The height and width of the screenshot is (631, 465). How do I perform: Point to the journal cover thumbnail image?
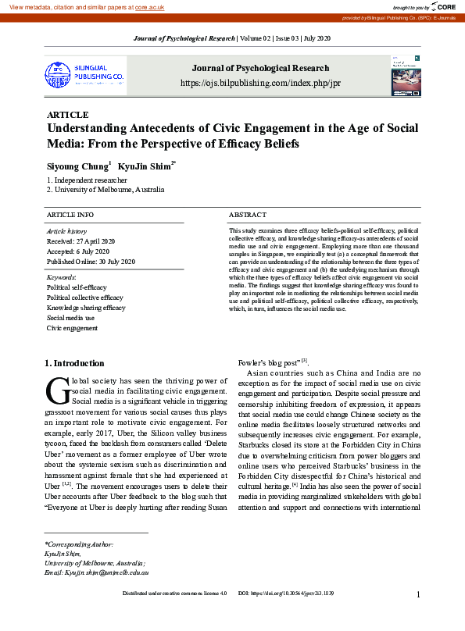pyautogui.click(x=406, y=76)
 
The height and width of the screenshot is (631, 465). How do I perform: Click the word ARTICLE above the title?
pyautogui.click(x=67, y=115)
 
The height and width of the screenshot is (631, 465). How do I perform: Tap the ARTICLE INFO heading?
pyautogui.click(x=70, y=214)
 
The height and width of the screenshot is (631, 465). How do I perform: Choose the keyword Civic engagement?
pyautogui.click(x=72, y=328)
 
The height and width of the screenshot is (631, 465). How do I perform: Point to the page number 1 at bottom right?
pyautogui.click(x=419, y=616)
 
